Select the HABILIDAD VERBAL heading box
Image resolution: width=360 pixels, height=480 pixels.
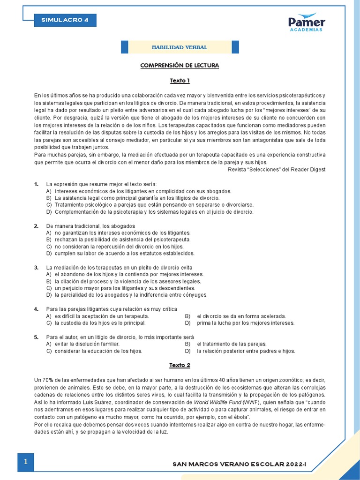180,47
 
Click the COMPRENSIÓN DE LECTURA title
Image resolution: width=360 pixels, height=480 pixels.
180,65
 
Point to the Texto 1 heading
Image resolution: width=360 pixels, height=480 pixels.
180,81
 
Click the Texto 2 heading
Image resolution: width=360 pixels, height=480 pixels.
180,365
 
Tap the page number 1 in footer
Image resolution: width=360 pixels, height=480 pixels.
26,462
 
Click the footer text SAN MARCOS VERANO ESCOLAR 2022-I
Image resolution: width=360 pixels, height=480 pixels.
242,464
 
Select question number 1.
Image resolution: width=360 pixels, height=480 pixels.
36,184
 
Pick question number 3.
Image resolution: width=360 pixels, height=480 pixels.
36,267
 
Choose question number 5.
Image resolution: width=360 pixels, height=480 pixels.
36,337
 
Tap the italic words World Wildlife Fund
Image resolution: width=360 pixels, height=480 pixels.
218,403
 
